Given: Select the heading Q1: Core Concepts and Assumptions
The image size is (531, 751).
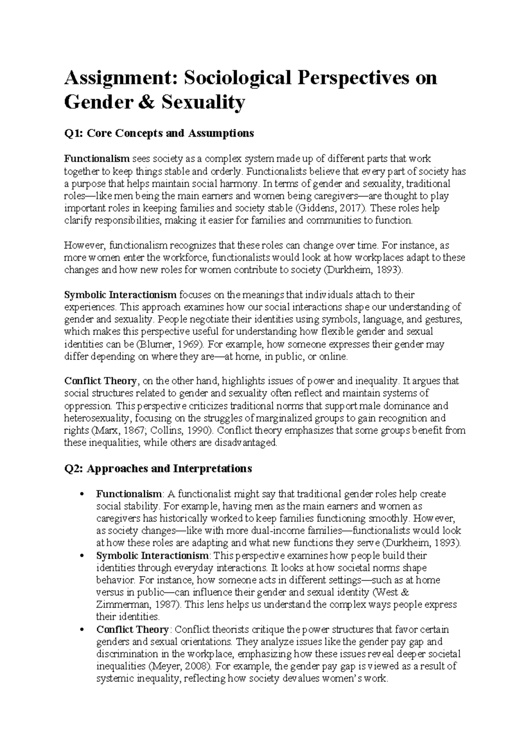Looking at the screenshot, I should [159, 133].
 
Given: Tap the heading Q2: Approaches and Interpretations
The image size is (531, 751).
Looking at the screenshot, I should [158, 468].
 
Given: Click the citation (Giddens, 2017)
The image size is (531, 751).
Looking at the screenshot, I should [332, 208].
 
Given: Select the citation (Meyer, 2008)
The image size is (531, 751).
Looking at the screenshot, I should [177, 666].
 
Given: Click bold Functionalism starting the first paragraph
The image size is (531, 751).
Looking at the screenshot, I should [96, 159].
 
